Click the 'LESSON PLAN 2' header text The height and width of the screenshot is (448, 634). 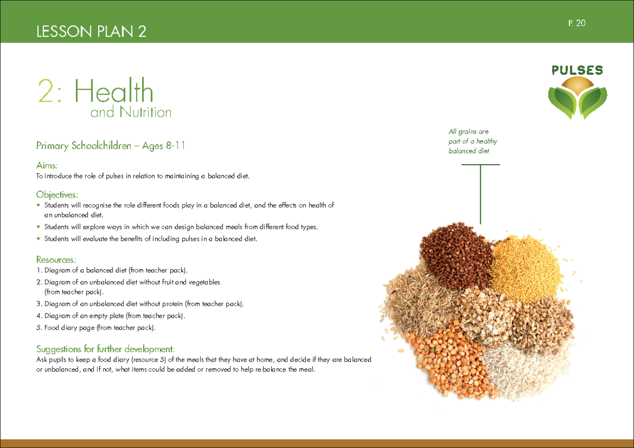[91, 32]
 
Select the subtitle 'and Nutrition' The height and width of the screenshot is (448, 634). [131, 112]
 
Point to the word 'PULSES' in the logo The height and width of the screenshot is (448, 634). [577, 71]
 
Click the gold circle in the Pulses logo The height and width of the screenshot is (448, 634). [577, 86]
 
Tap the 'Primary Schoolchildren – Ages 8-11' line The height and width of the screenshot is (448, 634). [110, 146]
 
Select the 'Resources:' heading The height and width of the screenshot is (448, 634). [56, 260]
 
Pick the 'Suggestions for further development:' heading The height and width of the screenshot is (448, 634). [105, 349]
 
